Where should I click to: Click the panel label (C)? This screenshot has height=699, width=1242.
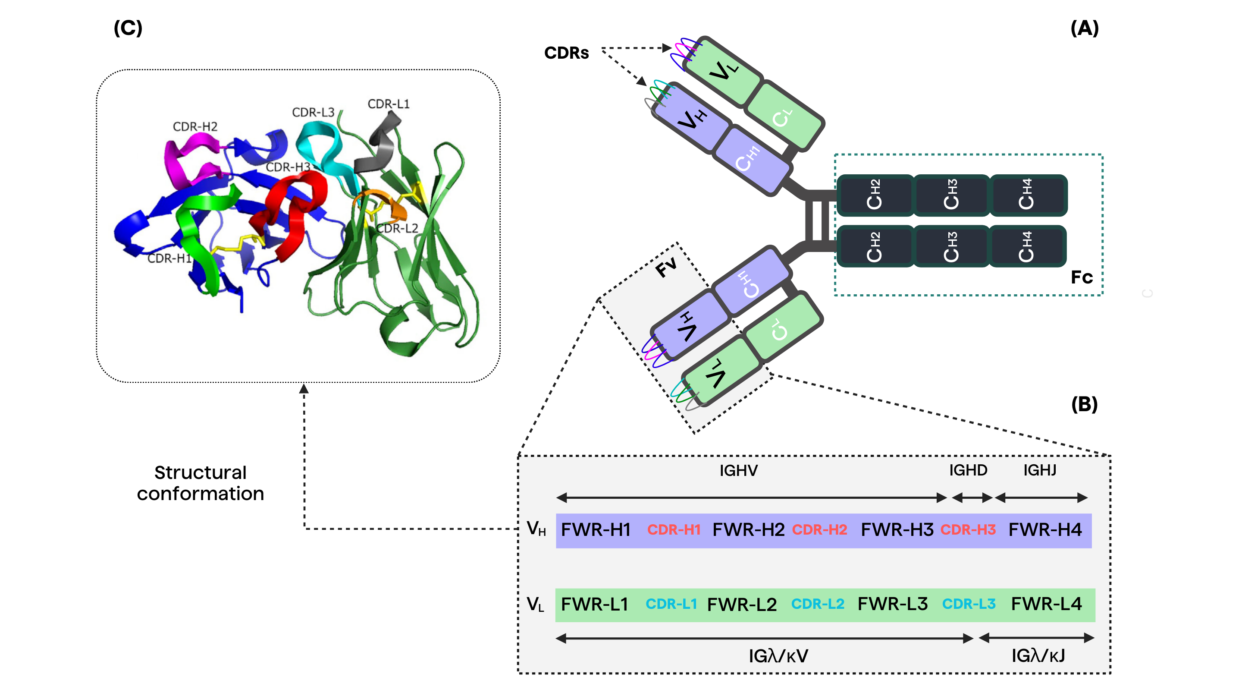pos(128,28)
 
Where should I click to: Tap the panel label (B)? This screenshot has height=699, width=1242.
pos(1084,404)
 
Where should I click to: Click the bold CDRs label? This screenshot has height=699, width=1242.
pos(566,53)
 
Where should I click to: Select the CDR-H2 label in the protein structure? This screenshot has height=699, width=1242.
pos(195,126)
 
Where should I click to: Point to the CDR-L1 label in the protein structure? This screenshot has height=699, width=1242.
pos(388,104)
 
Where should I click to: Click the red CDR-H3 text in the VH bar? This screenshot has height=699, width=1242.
pos(968,530)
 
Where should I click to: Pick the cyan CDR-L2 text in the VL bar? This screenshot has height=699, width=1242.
pos(818,604)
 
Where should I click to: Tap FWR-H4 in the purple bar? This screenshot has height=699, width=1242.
pos(1045,530)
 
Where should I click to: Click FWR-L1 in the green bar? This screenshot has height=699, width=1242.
pos(595,604)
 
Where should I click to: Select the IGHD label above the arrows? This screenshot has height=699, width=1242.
pos(968,470)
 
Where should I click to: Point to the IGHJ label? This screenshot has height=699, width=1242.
pos(1039,470)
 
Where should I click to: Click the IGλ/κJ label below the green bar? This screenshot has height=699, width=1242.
pos(1038,655)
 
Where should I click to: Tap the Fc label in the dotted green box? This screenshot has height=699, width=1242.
pos(1082,277)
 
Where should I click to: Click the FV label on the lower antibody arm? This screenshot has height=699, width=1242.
pos(667,267)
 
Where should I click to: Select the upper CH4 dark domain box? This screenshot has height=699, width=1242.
pos(1027,195)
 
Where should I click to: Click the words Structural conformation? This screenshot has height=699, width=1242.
pos(200,483)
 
